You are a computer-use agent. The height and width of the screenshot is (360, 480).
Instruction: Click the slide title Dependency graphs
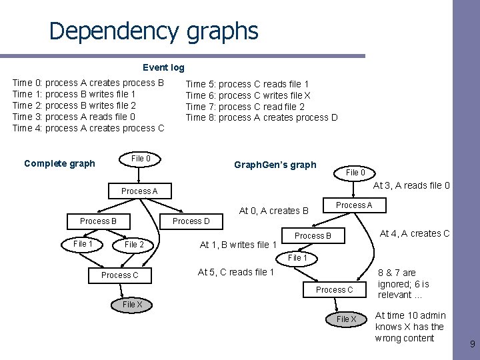point(153,31)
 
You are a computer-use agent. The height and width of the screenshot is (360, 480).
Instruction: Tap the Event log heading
point(163,67)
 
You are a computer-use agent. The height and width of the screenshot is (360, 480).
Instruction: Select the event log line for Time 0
point(88,83)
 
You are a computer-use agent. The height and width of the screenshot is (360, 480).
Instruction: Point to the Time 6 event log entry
point(247,95)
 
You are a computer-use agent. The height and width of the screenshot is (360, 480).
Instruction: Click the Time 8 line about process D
point(261,118)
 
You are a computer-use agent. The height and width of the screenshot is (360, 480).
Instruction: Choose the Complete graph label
point(59,163)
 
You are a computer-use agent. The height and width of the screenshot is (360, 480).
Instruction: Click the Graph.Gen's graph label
point(275,165)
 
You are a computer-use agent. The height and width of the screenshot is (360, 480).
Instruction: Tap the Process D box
point(191,221)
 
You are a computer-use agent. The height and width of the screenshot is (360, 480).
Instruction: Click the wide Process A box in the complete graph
point(139,191)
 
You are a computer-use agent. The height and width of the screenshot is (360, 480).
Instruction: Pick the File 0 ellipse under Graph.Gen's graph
point(355,173)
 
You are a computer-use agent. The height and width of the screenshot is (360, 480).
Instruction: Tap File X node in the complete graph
point(132,305)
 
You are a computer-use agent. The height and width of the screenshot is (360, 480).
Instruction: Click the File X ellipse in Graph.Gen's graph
point(346,319)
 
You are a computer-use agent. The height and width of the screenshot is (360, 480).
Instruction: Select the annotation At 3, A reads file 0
point(411,185)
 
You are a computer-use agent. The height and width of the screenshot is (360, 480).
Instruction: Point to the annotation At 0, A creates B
point(273,211)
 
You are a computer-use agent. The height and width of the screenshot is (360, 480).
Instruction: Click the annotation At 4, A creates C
point(414,233)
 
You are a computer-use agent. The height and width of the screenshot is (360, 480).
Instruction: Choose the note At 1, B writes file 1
point(238,245)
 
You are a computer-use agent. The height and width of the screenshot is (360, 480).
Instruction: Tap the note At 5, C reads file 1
point(236,272)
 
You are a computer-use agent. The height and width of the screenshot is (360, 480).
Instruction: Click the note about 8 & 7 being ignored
point(404,283)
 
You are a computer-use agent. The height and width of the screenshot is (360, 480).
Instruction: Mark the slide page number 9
point(472,345)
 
